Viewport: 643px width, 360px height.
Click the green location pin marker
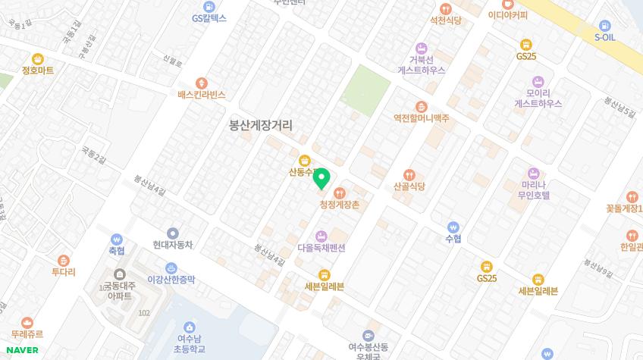[x=321, y=179]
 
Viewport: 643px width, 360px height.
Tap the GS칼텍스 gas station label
[x=209, y=17]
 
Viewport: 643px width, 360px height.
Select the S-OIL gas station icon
[x=604, y=25]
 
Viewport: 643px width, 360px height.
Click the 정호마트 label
[x=37, y=70]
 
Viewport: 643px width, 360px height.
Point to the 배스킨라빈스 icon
[x=201, y=83]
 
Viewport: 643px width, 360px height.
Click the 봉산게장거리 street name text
[x=260, y=126]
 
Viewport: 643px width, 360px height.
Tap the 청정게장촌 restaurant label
[x=339, y=205]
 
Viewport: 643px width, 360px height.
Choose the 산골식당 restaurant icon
[x=409, y=175]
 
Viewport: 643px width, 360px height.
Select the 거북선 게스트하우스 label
[x=421, y=64]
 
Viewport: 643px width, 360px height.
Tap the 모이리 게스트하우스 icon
[x=538, y=81]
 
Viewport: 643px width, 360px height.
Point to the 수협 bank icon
[x=453, y=227]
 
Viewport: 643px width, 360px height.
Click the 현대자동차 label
[x=173, y=245]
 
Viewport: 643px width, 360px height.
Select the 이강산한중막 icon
[x=171, y=268]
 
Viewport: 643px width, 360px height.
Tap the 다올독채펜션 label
[x=321, y=248]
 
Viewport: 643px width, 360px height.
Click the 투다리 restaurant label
[x=63, y=271]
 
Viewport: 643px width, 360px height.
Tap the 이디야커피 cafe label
[x=507, y=14]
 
